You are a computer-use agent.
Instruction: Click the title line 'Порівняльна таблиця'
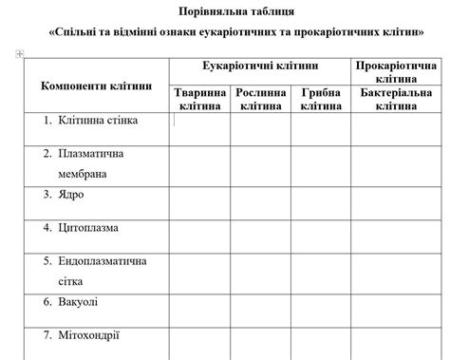pos(236,11)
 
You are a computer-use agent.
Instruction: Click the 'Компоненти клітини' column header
pos(96,85)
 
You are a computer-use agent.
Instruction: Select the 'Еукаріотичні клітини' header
pos(260,66)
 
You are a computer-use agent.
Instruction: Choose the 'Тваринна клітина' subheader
pos(200,100)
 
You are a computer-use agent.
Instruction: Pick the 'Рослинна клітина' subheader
pos(261,100)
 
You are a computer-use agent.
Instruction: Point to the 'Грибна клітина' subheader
pos(321,100)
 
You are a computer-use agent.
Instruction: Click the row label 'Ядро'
pos(70,194)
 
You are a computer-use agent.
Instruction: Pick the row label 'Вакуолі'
pos(77,301)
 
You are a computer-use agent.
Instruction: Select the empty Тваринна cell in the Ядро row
pos(200,197)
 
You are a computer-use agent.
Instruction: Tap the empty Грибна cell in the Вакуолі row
pos(321,304)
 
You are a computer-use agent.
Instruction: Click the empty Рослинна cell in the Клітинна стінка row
pos(261,127)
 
